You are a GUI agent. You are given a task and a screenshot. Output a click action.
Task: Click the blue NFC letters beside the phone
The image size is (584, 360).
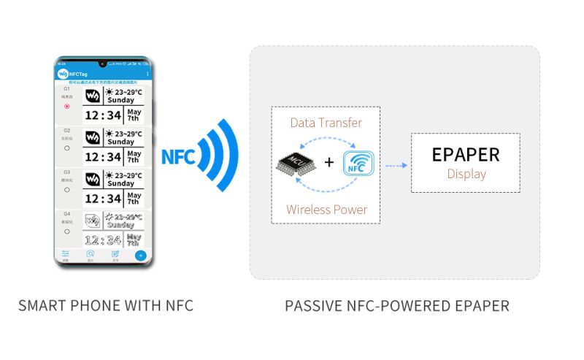(177, 156)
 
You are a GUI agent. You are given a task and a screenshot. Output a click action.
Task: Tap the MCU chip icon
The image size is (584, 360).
(296, 164)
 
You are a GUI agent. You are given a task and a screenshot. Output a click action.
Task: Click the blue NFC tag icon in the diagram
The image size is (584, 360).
(358, 164)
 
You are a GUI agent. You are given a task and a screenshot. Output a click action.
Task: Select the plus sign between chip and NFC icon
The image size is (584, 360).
(328, 162)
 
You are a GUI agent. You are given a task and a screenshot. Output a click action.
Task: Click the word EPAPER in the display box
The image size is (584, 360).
(466, 155)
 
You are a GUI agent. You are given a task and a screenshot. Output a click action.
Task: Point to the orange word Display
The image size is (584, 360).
(466, 175)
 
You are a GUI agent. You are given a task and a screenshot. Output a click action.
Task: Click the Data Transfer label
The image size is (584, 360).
(326, 122)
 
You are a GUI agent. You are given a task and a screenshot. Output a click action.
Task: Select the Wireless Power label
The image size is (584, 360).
(326, 210)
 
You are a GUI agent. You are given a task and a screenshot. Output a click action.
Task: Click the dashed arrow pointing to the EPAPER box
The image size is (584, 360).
(396, 165)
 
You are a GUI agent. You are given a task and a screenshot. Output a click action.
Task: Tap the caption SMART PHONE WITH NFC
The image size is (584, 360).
(106, 305)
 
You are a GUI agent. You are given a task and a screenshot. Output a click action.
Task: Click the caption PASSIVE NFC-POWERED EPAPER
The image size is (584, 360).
(397, 305)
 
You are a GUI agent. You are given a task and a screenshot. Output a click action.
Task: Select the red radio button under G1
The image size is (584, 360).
(67, 106)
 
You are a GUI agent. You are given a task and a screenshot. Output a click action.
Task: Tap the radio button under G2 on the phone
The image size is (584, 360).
(67, 148)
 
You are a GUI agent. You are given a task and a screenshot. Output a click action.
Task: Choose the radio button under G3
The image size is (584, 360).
(67, 189)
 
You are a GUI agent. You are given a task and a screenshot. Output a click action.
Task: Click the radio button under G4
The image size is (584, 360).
(67, 231)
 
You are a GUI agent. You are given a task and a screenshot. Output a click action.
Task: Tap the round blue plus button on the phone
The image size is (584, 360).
(141, 256)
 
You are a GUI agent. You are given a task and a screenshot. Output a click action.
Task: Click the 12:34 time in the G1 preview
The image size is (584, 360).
(103, 115)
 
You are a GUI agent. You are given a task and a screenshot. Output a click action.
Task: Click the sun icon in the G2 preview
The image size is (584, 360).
(109, 134)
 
